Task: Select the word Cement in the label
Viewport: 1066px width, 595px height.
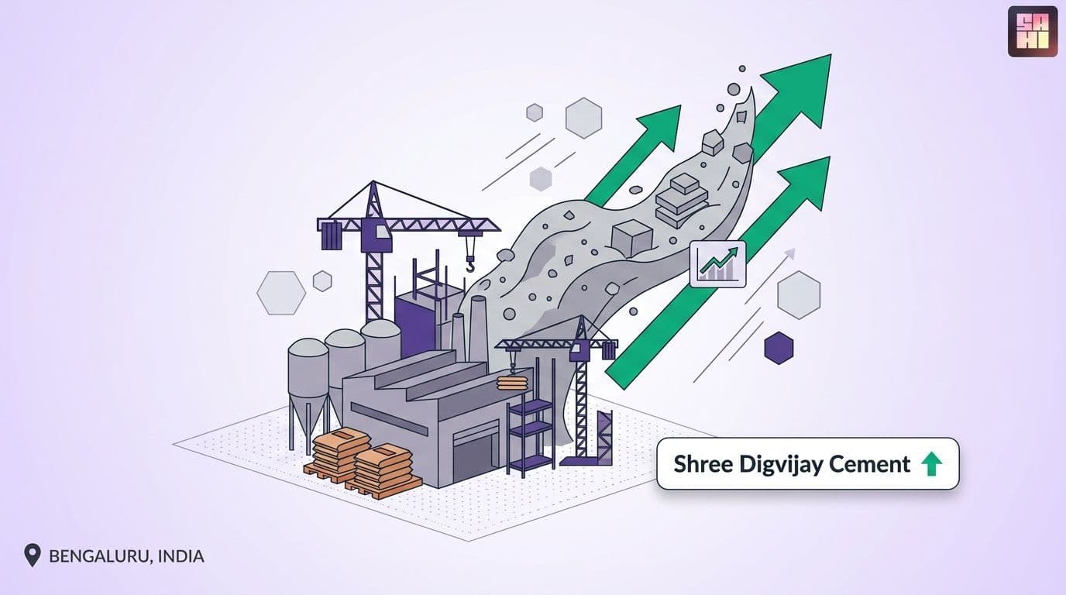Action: pyautogui.click(x=868, y=464)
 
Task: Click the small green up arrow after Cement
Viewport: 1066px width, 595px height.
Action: pyautogui.click(x=931, y=464)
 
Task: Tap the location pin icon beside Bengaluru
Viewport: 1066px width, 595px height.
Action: pyautogui.click(x=33, y=555)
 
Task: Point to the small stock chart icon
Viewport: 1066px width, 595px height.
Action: pyautogui.click(x=717, y=264)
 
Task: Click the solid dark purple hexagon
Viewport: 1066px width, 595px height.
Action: pyautogui.click(x=779, y=348)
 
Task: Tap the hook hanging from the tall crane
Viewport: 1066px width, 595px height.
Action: pyautogui.click(x=470, y=263)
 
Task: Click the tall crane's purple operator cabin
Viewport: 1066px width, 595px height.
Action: pyautogui.click(x=377, y=236)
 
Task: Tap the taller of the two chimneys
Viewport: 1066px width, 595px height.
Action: pyautogui.click(x=477, y=328)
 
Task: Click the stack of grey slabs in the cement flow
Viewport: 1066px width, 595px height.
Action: pyautogui.click(x=682, y=200)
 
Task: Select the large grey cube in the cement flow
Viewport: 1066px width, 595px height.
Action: pyautogui.click(x=631, y=239)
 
